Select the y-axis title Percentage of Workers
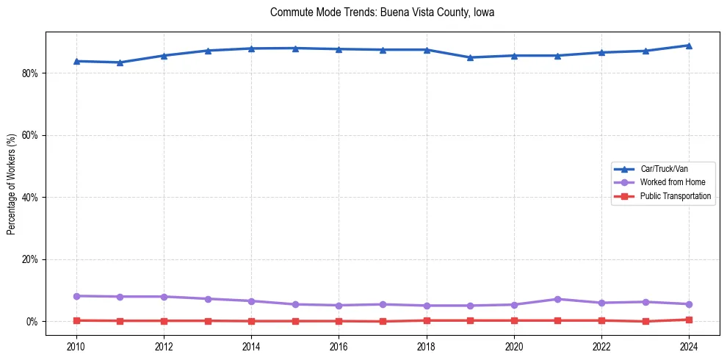(12, 184)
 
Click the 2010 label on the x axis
(76, 345)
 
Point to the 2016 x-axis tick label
(339, 345)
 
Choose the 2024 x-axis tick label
(689, 345)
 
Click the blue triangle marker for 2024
(689, 46)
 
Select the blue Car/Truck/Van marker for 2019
(470, 57)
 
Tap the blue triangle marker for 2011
(120, 62)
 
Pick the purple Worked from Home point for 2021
(557, 299)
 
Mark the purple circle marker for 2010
(76, 296)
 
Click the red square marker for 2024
(689, 320)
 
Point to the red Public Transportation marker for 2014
(251, 321)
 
